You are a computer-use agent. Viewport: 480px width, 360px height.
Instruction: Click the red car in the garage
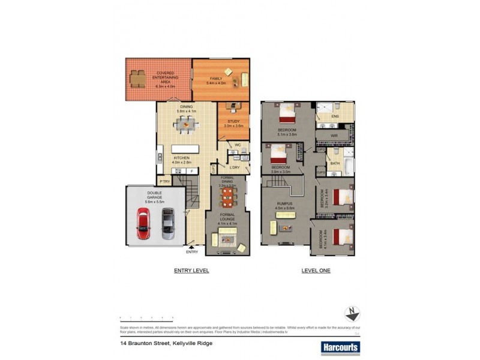143,224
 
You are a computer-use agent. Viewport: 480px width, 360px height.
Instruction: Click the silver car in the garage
168,224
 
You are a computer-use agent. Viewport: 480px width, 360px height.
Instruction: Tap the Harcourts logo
340,347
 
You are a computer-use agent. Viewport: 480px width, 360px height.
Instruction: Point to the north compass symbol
352,314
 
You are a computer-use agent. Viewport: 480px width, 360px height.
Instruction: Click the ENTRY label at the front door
192,251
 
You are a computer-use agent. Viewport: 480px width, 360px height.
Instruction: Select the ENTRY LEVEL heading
191,271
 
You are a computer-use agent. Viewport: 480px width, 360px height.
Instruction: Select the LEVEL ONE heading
316,271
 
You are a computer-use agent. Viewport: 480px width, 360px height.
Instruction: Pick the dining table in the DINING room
185,125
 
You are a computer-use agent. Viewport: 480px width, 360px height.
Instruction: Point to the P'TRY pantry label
164,181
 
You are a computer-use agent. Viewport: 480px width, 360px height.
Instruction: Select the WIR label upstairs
334,136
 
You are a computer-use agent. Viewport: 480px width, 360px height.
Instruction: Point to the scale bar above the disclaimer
146,317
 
